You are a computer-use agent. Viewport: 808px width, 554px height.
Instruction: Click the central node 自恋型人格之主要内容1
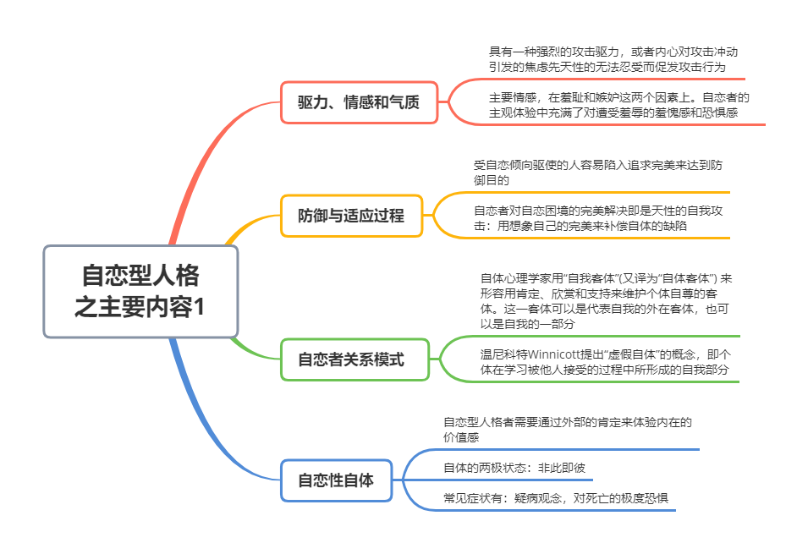pyautogui.click(x=140, y=291)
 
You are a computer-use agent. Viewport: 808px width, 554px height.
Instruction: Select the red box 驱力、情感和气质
pyautogui.click(x=359, y=102)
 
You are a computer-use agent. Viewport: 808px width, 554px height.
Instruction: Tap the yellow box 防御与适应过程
pyautogui.click(x=351, y=216)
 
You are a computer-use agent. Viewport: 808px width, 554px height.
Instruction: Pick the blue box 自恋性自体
pyautogui.click(x=336, y=480)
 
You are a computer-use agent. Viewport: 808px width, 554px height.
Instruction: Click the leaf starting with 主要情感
pyautogui.click(x=618, y=104)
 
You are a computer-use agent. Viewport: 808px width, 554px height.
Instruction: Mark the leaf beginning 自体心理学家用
pyautogui.click(x=606, y=300)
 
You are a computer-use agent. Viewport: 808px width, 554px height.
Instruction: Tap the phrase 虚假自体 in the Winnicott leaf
pyautogui.click(x=625, y=354)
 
